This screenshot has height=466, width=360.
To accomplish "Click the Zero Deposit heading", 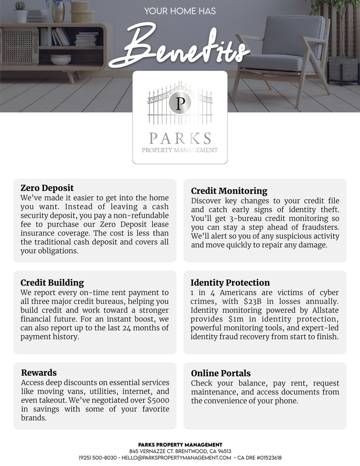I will (x=47, y=188).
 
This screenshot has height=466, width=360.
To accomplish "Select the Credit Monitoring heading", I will (x=229, y=191).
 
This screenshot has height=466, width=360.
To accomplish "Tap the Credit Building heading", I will (x=52, y=283).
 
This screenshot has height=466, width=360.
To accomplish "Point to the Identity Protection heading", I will (x=230, y=283).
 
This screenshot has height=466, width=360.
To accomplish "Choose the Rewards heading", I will (x=39, y=373).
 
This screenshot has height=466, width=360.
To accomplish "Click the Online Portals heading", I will (x=221, y=373).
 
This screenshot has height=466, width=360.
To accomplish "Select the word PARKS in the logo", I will (x=180, y=138).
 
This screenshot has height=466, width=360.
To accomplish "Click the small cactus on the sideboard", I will (x=20, y=6).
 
